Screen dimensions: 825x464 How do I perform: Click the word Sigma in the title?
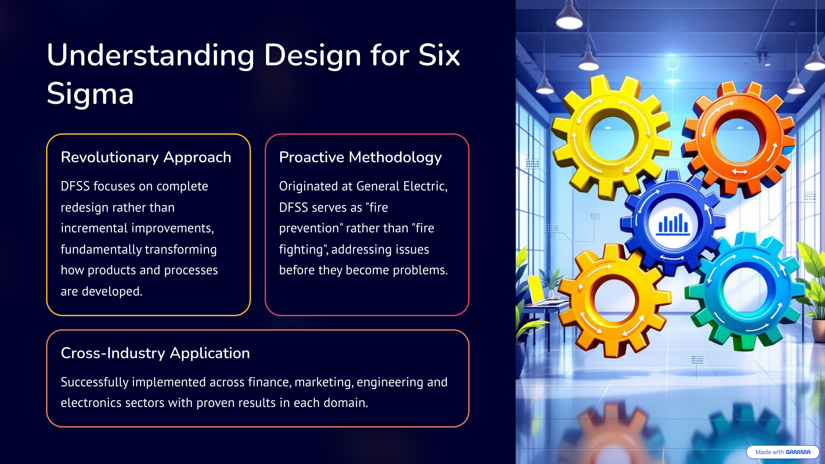[x=90, y=94]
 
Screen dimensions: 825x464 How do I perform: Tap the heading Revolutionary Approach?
[x=146, y=157]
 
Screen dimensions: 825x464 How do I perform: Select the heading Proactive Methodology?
[x=360, y=157]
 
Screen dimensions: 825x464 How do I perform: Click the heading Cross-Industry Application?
[x=155, y=353]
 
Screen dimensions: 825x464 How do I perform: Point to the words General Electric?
[x=402, y=186]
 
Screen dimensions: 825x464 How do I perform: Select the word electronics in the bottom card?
[x=91, y=403]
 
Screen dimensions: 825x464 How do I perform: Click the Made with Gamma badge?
[x=783, y=452]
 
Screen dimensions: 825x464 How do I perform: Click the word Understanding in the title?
[x=151, y=56]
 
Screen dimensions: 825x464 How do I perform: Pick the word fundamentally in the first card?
[x=99, y=250]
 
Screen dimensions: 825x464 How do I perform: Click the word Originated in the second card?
[x=309, y=186]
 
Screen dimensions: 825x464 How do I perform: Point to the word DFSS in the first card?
[x=75, y=186]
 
